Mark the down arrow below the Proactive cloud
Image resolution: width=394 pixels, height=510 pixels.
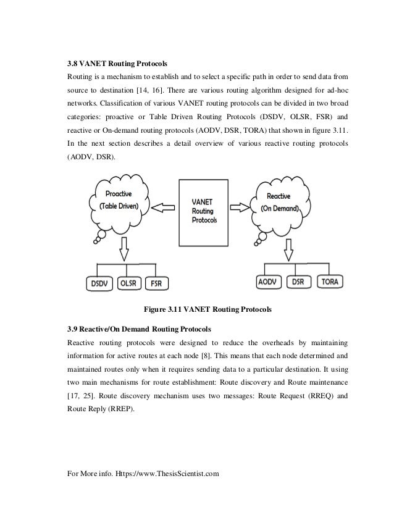click(124, 248)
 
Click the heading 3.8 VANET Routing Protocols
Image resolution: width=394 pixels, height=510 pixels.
click(117, 64)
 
